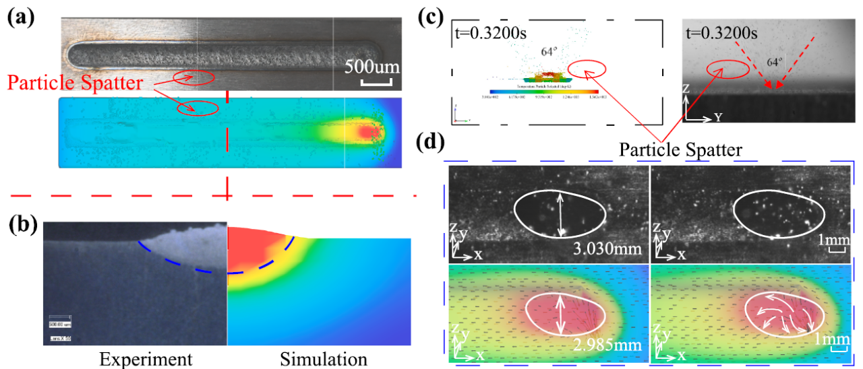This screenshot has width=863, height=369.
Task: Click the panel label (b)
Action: [22, 222]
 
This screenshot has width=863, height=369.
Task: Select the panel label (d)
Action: [433, 143]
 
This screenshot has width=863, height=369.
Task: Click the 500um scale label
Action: [373, 67]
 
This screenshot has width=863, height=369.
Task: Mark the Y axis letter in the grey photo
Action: [720, 117]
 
